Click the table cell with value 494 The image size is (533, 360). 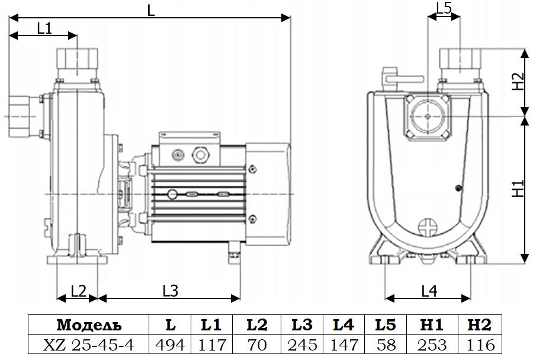pos(170,344)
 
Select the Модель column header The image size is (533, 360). pos(89,325)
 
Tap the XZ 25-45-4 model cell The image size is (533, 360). pos(89,344)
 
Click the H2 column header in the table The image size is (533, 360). pos(480,325)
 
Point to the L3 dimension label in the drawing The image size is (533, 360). pos(170,291)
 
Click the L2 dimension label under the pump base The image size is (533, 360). pos(78,291)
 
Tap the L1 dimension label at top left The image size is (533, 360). pos(44,28)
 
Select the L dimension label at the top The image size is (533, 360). pos(151,11)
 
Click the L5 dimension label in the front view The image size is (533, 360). pos(444,8)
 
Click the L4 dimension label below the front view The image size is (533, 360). pos(429,291)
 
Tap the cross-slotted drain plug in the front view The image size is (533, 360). pos(428,227)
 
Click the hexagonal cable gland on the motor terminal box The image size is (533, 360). pos(200,155)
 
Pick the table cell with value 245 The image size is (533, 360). pos(303,344)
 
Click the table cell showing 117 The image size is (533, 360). pos(211,344)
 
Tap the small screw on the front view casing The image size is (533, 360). pos(458,188)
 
